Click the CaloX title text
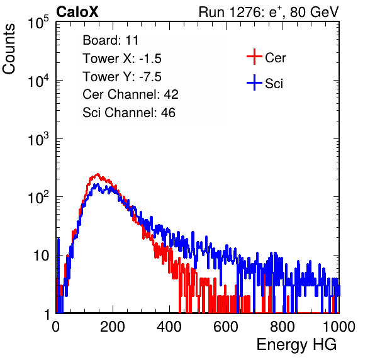click(77, 12)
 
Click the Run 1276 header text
click(269, 12)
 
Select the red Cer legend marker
click(254, 57)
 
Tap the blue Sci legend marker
click(254, 82)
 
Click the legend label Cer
click(275, 58)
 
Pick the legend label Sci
click(274, 84)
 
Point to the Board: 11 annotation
click(111, 40)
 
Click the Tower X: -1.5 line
click(122, 59)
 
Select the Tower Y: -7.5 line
click(122, 77)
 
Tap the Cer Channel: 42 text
click(131, 94)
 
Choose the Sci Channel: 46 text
click(129, 113)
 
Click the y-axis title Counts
click(9, 49)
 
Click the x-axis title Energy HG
click(296, 344)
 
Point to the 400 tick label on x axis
click(169, 327)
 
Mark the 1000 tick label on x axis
click(339, 327)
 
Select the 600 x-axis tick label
click(226, 327)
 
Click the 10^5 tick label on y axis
click(38, 22)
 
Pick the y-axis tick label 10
click(41, 256)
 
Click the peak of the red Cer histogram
click(98, 174)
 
